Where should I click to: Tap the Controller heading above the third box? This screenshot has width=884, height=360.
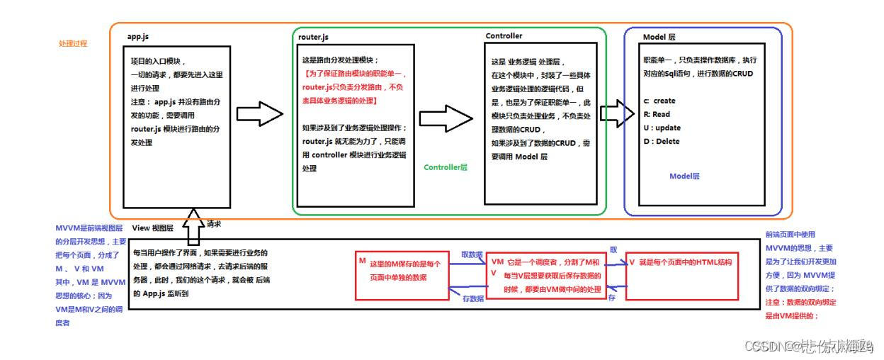click(504, 35)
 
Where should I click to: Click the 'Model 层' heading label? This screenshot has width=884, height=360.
click(659, 36)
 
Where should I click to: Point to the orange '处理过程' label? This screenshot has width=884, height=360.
click(72, 43)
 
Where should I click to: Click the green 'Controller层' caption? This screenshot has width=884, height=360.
click(446, 167)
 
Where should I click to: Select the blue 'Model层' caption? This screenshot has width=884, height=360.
click(684, 176)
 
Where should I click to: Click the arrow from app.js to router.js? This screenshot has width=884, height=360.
click(259, 114)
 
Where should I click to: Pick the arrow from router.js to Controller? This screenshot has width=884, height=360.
click(446, 117)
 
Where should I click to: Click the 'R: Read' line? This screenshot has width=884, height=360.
click(656, 114)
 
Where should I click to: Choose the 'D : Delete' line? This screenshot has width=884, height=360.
click(661, 141)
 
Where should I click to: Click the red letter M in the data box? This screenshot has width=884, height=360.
click(362, 261)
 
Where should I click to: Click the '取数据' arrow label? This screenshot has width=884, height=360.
click(472, 254)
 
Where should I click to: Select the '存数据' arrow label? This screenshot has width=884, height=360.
click(472, 299)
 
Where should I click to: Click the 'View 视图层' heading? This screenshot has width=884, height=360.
click(154, 227)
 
